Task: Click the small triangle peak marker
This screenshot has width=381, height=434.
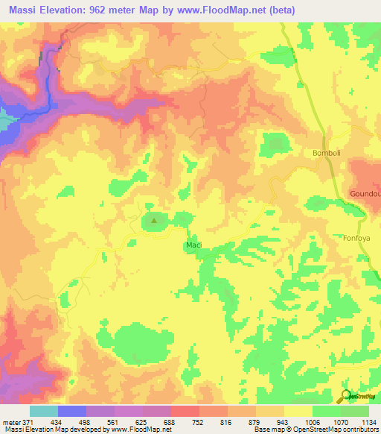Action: coord(154,220)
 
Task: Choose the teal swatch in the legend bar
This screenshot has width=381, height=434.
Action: coord(43,412)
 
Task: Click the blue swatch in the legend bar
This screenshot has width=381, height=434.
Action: coord(71,412)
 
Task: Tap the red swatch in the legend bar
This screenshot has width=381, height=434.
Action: coord(185,412)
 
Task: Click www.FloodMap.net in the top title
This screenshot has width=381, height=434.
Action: coord(219,10)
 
